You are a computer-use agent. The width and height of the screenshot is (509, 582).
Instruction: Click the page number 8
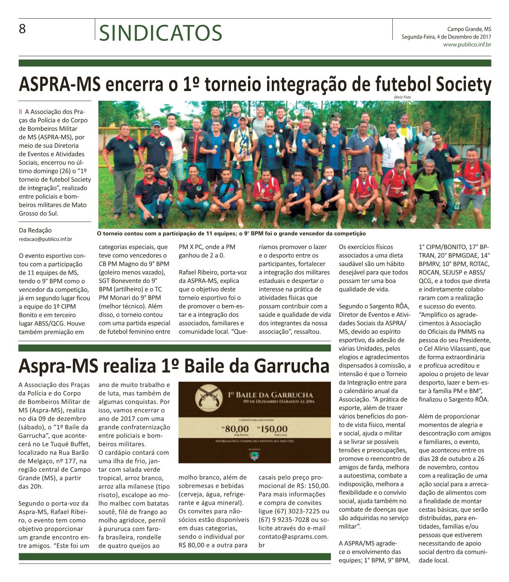(22, 29)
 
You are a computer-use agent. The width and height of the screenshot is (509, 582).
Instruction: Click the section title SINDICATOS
(161, 33)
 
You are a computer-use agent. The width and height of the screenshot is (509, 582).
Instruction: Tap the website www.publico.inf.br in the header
(467, 45)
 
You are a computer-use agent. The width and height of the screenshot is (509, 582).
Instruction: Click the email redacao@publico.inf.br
(45, 239)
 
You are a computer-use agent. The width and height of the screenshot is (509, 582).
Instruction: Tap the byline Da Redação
(35, 230)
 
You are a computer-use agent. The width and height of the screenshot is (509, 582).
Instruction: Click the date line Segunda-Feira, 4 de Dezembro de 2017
(446, 37)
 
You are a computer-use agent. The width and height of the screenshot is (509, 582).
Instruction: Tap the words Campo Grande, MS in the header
(469, 29)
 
